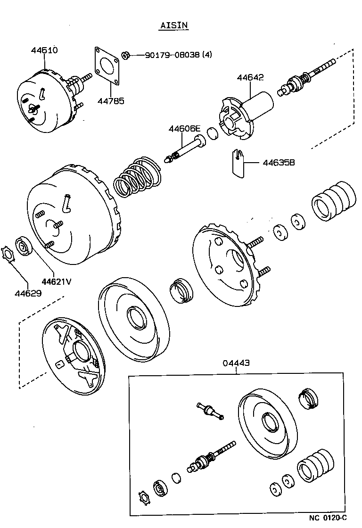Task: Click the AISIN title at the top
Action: point(173,25)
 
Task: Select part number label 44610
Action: point(45,50)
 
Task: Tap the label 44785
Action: point(111,100)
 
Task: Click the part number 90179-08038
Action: point(172,55)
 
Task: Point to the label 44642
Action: point(250,77)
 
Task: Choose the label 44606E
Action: point(185,129)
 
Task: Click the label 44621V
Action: point(56,281)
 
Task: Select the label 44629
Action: point(28,293)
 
